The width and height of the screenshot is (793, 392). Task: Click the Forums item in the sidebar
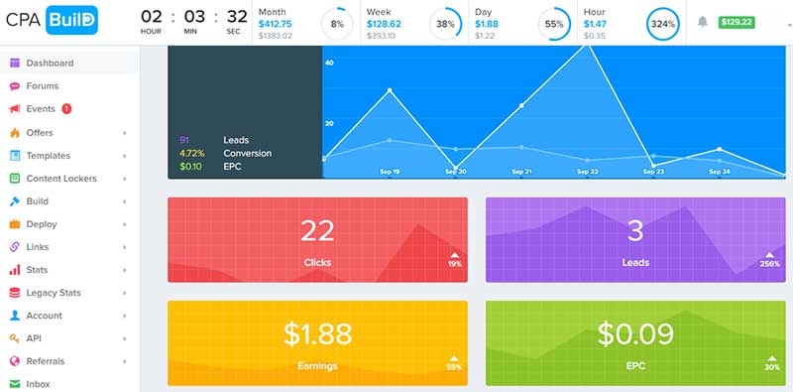coord(42,86)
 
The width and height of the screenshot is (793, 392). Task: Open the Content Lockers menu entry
coord(61,179)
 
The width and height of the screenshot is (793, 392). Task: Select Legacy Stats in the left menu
coord(54,293)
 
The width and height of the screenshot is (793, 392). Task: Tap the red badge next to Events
coord(66,109)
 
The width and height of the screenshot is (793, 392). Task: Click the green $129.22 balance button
coord(737,21)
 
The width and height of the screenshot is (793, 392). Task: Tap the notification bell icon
coord(703,21)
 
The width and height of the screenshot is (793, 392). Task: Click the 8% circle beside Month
coord(338,23)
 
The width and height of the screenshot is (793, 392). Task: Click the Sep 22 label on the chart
coord(587,172)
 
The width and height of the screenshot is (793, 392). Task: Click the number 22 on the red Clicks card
coord(317,231)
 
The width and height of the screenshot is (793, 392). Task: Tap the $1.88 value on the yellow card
coord(317,334)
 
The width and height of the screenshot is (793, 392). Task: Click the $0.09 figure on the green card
coord(635,334)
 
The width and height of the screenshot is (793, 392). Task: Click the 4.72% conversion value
coord(191,154)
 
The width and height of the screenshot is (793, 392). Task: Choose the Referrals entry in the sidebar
coord(47,361)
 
